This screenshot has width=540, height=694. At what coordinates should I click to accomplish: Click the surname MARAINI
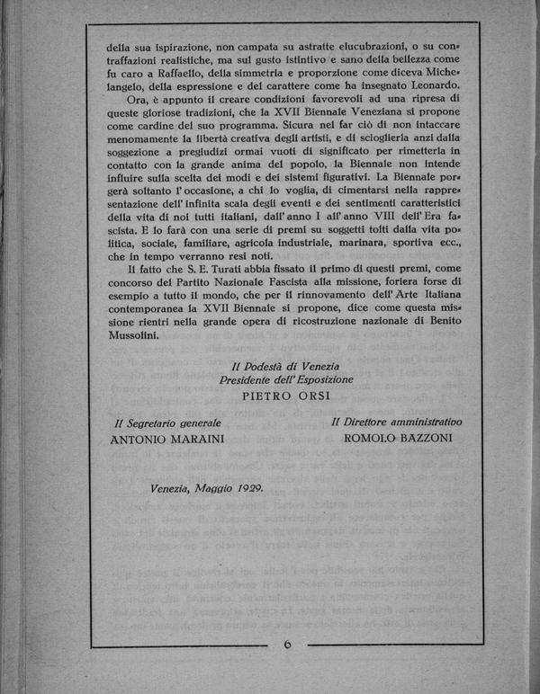pyautogui.click(x=192, y=440)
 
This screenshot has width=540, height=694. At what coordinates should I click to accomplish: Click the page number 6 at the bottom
pyautogui.click(x=287, y=645)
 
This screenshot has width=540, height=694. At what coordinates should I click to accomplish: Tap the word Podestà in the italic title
pyautogui.click(x=267, y=365)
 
